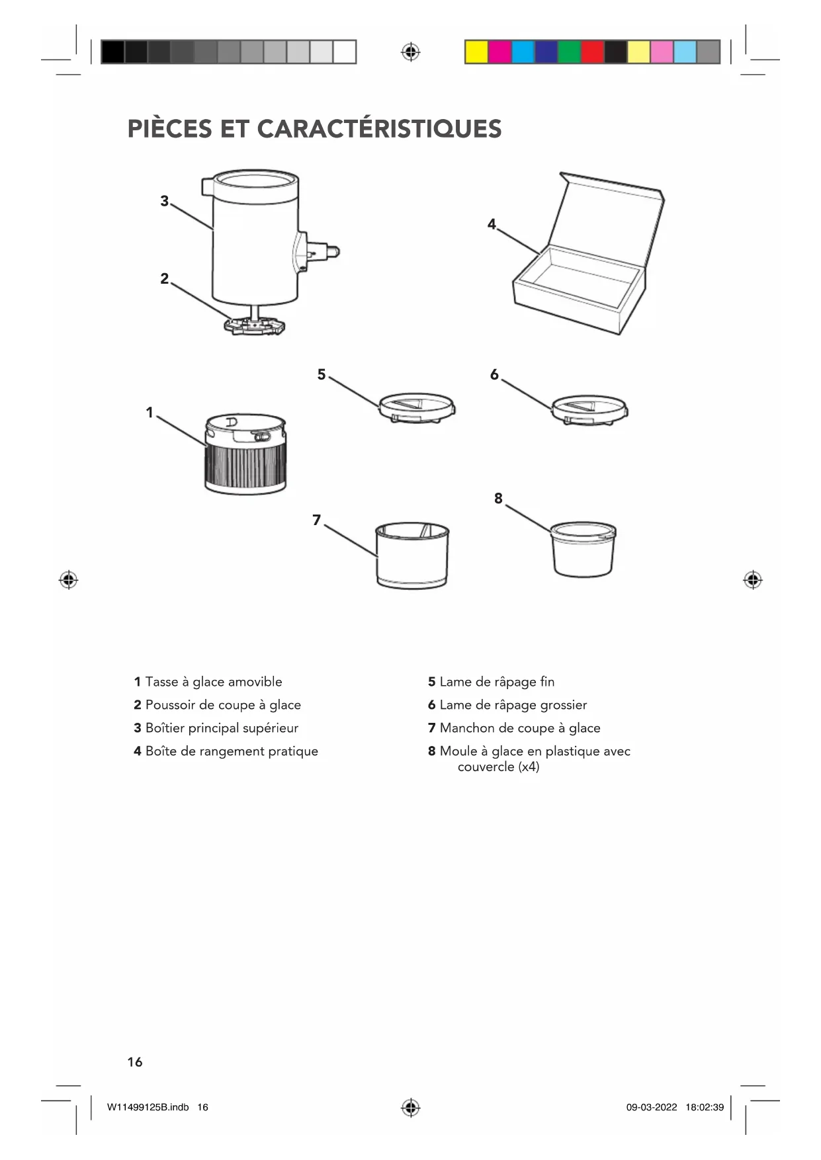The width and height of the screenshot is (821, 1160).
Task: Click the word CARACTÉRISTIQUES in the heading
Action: [x=379, y=129]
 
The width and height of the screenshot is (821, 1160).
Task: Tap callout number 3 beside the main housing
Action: [x=165, y=201]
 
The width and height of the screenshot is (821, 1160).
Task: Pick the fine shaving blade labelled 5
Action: [x=417, y=407]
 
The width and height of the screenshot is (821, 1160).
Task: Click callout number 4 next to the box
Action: [x=492, y=225]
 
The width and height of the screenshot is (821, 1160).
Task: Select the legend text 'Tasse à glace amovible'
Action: [x=214, y=682]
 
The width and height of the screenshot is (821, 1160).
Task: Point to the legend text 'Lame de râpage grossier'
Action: [x=513, y=705]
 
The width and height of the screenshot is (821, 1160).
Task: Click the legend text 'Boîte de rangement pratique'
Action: [x=232, y=751]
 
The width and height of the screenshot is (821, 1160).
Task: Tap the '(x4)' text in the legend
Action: [x=529, y=767]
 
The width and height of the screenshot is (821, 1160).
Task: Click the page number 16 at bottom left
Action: [x=135, y=1062]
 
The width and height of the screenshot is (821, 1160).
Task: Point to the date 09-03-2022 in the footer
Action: [x=652, y=1107]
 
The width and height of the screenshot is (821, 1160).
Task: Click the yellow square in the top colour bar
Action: [x=476, y=52]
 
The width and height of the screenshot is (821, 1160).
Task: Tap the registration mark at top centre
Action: [x=410, y=52]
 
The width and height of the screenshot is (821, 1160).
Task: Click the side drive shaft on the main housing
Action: [x=326, y=251]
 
